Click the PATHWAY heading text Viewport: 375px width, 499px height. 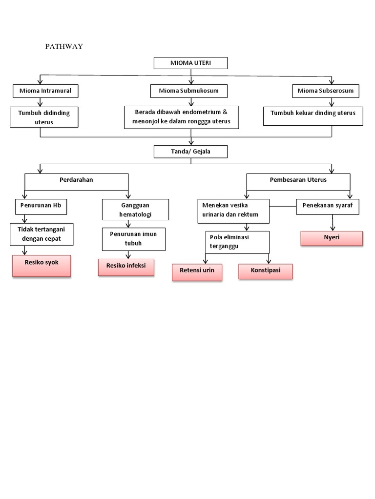pyautogui.click(x=64, y=47)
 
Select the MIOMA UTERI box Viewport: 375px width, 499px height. pyautogui.click(x=190, y=63)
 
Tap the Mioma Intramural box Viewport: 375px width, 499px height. pyautogui.click(x=45, y=91)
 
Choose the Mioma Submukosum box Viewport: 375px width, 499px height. pyautogui.click(x=188, y=91)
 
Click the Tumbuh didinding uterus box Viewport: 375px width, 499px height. pyautogui.click(x=44, y=117)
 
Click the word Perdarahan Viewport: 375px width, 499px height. pyautogui.click(x=76, y=180)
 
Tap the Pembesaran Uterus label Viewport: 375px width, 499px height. pyautogui.click(x=298, y=180)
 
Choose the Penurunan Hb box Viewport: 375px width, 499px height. pyautogui.click(x=41, y=206)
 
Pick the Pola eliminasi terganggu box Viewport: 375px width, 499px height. pyautogui.click(x=237, y=241)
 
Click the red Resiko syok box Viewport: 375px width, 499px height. pyautogui.click(x=42, y=266)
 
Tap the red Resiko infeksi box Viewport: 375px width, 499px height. pyautogui.click(x=126, y=267)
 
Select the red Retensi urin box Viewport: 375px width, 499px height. pyautogui.click(x=197, y=272)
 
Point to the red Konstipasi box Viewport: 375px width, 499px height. pyautogui.click(x=266, y=271)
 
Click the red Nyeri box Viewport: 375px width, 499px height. pyautogui.click(x=332, y=238)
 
